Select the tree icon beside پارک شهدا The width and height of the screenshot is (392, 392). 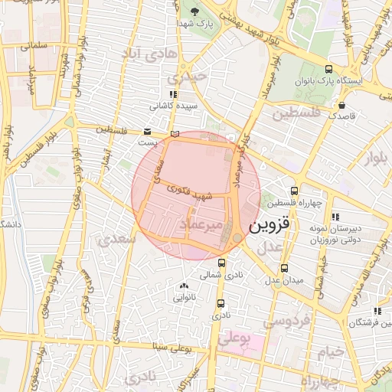[194, 11]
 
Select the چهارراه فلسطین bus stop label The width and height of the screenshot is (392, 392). [294, 203]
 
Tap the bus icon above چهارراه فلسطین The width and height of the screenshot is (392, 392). [295, 191]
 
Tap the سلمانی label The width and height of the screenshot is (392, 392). [35, 45]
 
